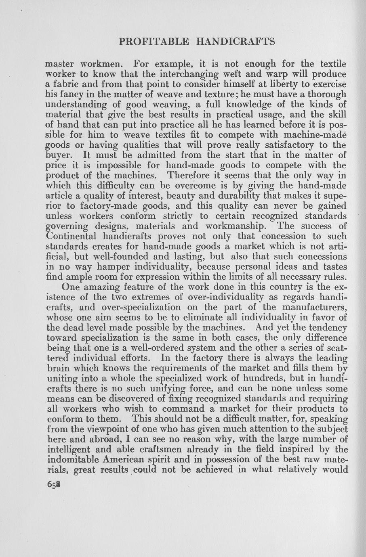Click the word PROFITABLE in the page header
click(150, 42)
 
